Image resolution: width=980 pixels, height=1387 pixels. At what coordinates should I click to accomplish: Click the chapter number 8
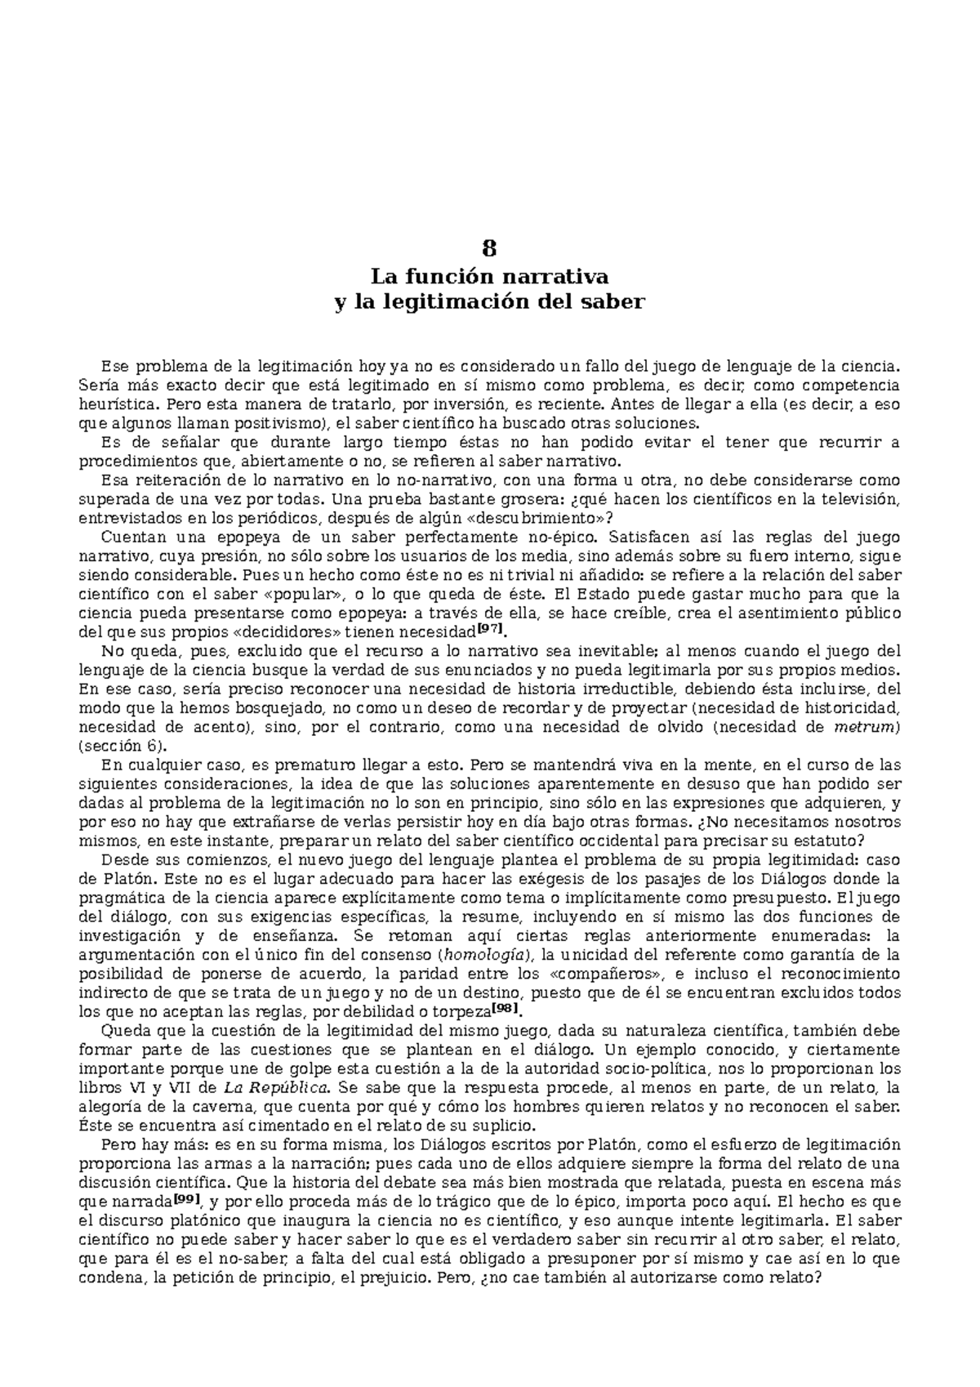(x=489, y=248)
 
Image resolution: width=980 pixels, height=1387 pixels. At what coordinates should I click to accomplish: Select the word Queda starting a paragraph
(x=122, y=1030)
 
